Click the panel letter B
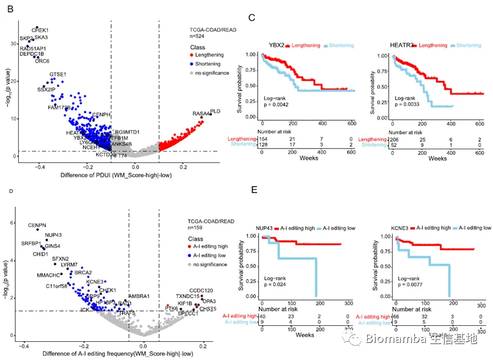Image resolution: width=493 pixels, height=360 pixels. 8,10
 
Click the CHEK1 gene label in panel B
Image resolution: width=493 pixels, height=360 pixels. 40,30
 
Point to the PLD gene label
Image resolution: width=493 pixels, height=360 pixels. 215,111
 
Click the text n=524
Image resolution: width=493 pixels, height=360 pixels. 197,36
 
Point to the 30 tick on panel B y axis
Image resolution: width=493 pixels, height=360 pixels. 13,43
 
